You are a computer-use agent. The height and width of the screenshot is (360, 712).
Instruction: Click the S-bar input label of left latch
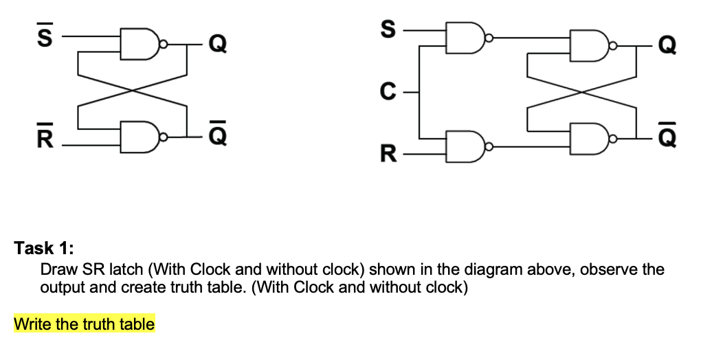pos(43,37)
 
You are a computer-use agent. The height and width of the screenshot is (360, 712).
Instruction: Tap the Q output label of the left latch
pos(216,43)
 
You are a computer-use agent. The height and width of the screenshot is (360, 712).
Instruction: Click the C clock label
pos(388,89)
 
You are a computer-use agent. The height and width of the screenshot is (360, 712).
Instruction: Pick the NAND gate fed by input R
pos(462,147)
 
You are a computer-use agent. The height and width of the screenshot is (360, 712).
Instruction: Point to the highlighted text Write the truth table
pos(84,324)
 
